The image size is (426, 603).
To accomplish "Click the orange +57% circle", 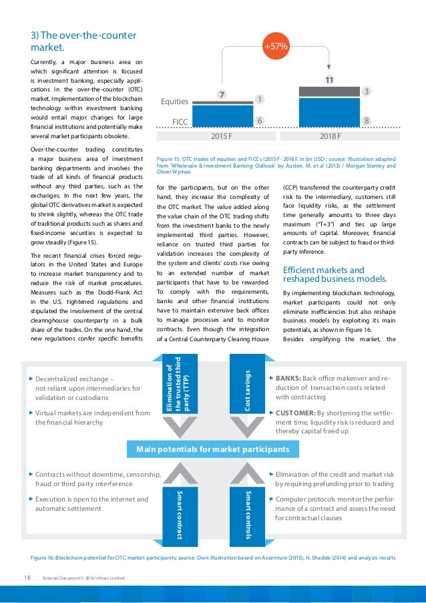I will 276,47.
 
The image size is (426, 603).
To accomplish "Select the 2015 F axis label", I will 220,136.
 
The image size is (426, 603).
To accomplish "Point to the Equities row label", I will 176,103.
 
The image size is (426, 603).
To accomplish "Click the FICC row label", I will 180,122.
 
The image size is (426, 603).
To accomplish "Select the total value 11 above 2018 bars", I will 329,80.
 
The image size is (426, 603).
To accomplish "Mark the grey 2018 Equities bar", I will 329,91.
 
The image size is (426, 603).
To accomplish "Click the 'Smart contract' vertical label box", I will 179,514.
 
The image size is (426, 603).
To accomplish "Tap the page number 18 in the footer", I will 27,577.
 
